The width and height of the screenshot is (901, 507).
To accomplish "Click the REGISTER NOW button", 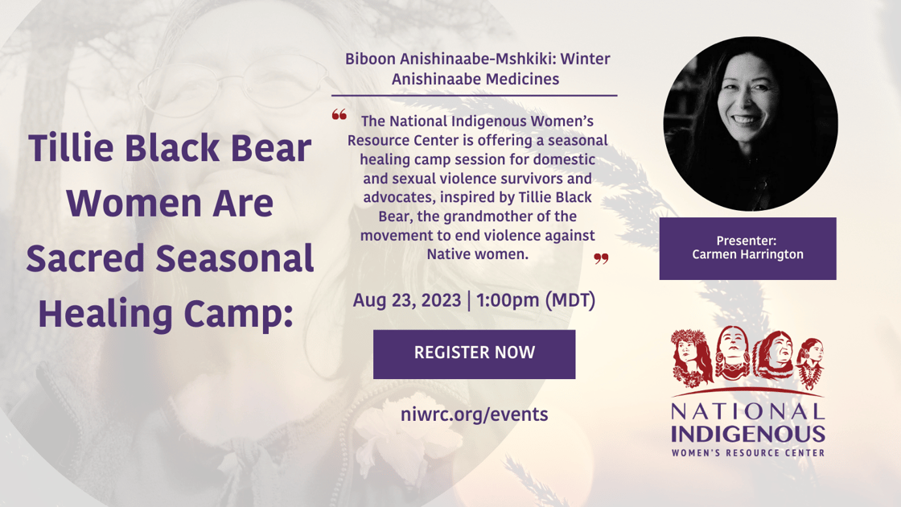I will (x=474, y=353).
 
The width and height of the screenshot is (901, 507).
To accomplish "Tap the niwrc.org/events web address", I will (x=474, y=414).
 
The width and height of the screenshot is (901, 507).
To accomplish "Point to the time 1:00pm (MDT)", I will (x=536, y=301).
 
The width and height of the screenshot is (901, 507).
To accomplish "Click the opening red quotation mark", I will (x=339, y=115).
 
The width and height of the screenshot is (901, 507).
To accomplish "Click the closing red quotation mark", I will (x=601, y=258).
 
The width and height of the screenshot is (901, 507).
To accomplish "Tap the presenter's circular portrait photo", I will (x=750, y=123).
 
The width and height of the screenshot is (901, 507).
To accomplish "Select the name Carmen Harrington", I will (x=747, y=254).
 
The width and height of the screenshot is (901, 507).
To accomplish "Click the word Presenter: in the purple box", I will (x=747, y=240).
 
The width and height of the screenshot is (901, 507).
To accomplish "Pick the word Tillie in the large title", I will (x=73, y=148).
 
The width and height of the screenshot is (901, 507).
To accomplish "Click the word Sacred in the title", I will (x=98, y=258).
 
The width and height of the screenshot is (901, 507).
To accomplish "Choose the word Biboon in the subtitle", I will (x=371, y=59).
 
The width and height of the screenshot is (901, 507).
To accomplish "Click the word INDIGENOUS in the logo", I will (x=748, y=435).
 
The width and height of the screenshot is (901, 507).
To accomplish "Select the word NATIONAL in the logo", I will (x=748, y=411).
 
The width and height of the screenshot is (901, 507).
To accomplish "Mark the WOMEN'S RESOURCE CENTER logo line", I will (x=748, y=453).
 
